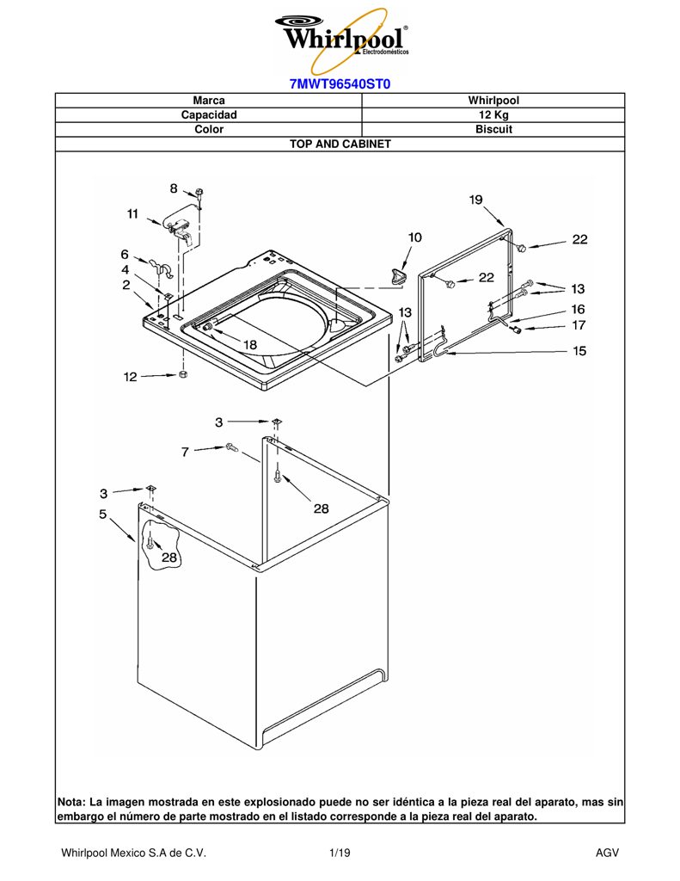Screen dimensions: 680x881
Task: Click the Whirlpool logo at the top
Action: (x=341, y=40)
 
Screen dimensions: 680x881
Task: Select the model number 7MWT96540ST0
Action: (x=340, y=84)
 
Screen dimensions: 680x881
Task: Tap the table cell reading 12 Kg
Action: (x=493, y=114)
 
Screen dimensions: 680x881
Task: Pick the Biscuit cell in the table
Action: (x=493, y=129)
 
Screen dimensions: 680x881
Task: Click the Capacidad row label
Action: (x=209, y=114)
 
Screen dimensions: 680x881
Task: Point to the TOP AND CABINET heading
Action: (x=340, y=144)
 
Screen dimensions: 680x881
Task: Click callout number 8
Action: (x=174, y=188)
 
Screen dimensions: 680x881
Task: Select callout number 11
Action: (x=132, y=214)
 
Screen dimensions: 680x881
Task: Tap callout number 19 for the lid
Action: (x=475, y=200)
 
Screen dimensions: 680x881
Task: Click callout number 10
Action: (x=414, y=237)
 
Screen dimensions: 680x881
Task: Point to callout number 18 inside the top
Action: (x=250, y=344)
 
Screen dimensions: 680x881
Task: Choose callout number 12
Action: (x=131, y=377)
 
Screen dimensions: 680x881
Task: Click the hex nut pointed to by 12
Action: (x=182, y=374)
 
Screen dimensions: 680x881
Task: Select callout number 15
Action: (x=579, y=351)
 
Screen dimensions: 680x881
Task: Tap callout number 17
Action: (x=579, y=324)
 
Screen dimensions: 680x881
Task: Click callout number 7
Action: (x=185, y=452)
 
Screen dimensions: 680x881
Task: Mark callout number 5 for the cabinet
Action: (x=103, y=514)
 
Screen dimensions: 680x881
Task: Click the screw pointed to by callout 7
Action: (x=231, y=447)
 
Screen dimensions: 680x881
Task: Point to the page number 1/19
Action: (x=340, y=853)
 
